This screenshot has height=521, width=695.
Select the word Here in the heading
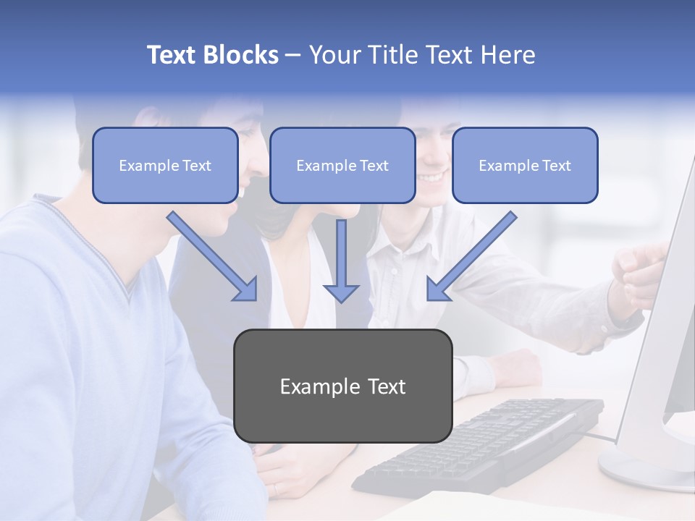click(x=506, y=55)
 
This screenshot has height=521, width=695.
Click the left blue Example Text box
click(x=165, y=165)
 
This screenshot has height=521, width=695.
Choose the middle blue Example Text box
click(x=342, y=165)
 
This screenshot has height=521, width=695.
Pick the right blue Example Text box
click(x=525, y=165)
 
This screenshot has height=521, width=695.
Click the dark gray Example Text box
click(x=342, y=386)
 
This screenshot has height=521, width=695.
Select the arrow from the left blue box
click(x=214, y=257)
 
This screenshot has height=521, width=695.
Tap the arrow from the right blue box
click(x=471, y=257)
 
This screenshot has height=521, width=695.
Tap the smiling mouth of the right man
click(x=432, y=177)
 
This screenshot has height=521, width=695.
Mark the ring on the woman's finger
click(x=275, y=489)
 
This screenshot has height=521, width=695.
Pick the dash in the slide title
click(x=293, y=55)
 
